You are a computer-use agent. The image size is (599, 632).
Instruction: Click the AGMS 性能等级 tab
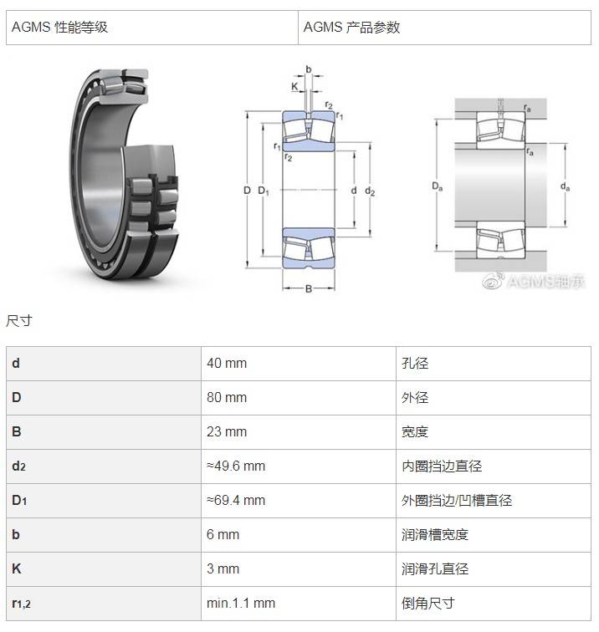click(x=59, y=28)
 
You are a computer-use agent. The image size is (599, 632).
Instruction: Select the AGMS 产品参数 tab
click(x=351, y=28)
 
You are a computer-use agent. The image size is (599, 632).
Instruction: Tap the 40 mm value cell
click(x=227, y=363)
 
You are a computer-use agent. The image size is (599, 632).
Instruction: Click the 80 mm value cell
click(x=227, y=397)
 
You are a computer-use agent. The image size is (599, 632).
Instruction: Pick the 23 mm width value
click(x=227, y=431)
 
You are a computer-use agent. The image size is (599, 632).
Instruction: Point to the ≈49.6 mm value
click(x=236, y=466)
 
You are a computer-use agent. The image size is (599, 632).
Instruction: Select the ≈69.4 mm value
click(x=236, y=500)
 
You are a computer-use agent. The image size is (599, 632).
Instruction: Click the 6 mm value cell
click(x=223, y=534)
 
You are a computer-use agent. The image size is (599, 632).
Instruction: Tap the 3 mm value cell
click(x=223, y=568)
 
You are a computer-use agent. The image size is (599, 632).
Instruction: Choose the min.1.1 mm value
click(x=241, y=603)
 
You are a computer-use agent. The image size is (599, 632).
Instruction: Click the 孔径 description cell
click(x=415, y=363)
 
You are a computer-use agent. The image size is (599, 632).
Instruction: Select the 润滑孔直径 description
click(x=435, y=568)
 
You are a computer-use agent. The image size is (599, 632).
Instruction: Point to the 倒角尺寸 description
click(x=428, y=603)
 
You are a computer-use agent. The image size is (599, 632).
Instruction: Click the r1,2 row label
click(x=22, y=604)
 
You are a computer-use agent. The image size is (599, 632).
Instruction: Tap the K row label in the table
click(x=17, y=568)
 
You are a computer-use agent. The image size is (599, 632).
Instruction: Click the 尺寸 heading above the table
click(x=19, y=321)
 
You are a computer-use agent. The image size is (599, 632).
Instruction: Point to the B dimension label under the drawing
click(x=309, y=288)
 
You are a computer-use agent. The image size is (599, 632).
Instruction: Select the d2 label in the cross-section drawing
click(x=370, y=191)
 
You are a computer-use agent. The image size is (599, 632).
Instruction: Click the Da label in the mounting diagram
click(x=438, y=186)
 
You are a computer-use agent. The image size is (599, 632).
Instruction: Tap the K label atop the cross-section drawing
click(x=294, y=86)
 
